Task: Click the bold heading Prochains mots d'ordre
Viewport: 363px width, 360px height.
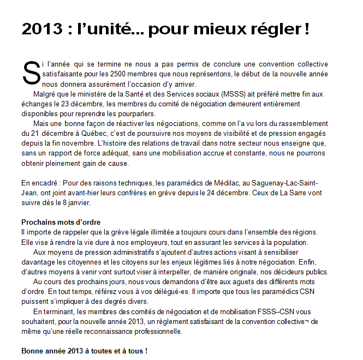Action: [59, 222]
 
